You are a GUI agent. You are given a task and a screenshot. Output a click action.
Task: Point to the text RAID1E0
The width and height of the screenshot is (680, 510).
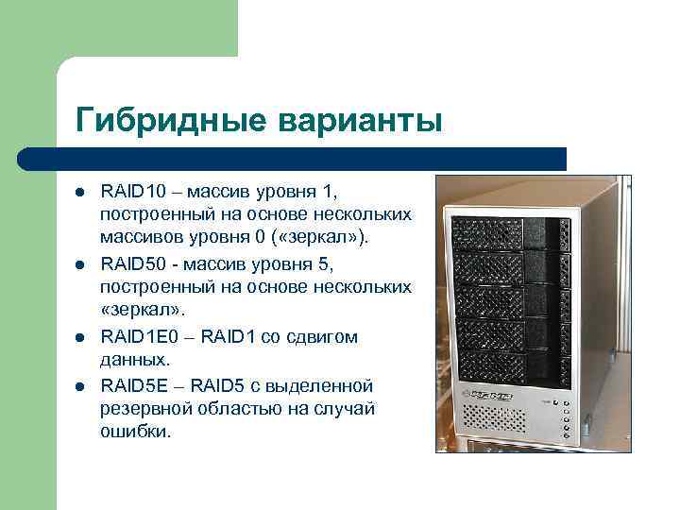[x=136, y=337]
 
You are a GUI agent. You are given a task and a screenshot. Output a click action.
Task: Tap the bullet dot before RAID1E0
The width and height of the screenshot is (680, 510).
[x=80, y=337]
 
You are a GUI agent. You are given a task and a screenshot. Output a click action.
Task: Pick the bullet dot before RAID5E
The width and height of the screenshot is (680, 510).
[x=80, y=387]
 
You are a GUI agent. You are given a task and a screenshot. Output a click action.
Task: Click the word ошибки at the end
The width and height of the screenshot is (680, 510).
[x=136, y=431]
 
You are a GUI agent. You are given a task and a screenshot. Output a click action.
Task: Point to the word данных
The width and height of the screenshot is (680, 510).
[x=134, y=359]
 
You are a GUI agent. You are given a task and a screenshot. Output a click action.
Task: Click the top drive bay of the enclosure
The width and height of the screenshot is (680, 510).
[x=510, y=232]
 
